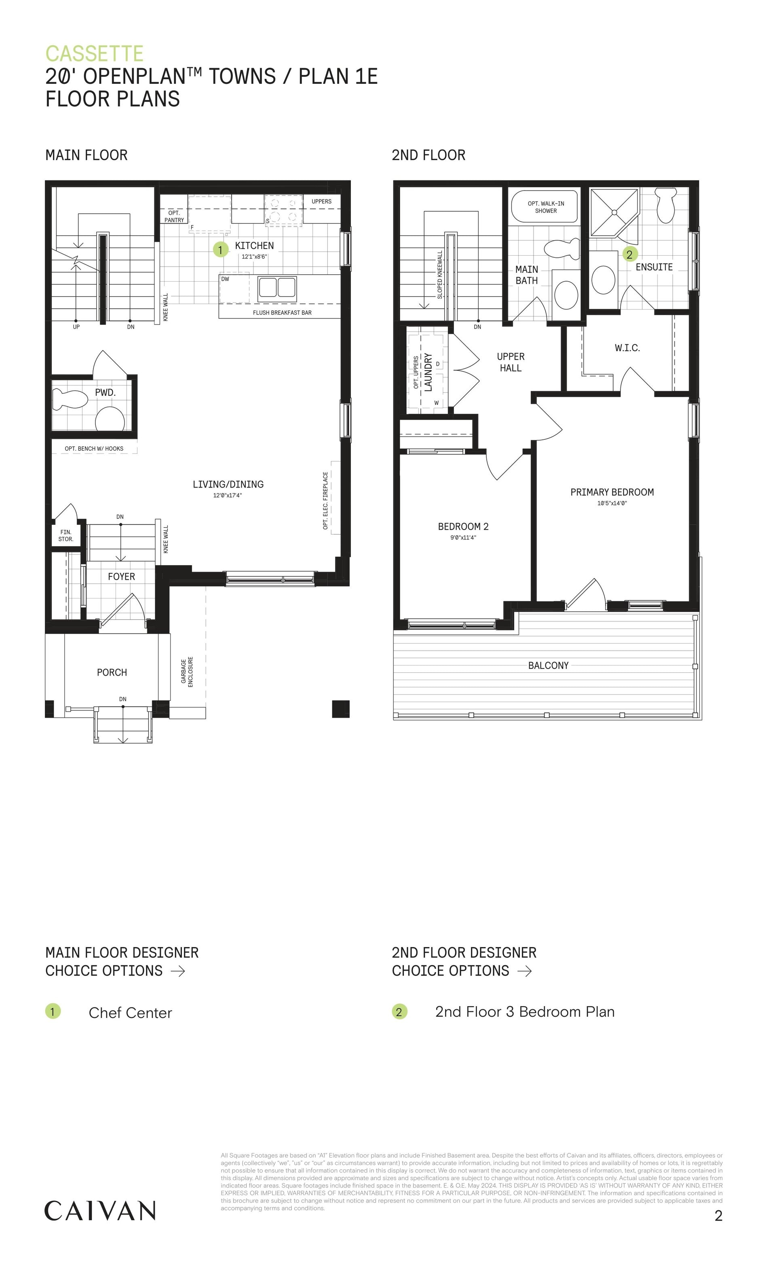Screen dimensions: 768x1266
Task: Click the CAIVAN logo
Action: point(100,1211)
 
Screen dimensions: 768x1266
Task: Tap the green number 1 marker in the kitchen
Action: point(220,250)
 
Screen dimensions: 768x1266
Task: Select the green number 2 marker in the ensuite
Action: point(629,254)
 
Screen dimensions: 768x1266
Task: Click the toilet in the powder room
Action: point(70,400)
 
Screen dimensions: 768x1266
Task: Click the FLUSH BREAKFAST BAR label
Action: point(282,312)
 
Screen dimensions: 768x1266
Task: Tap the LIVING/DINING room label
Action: point(228,484)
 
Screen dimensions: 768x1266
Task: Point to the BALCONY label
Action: point(548,666)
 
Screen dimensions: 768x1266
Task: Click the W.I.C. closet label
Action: point(627,348)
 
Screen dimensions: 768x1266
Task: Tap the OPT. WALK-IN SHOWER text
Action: point(546,207)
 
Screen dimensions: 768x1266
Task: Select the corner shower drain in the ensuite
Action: point(614,212)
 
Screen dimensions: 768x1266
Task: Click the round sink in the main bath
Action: point(566,295)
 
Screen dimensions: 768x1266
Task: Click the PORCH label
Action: point(112,672)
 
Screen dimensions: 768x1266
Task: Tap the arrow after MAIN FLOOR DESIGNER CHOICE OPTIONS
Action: point(177,971)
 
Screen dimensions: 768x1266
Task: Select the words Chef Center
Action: point(131,1013)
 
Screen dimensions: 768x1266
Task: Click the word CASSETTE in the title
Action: point(95,53)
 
